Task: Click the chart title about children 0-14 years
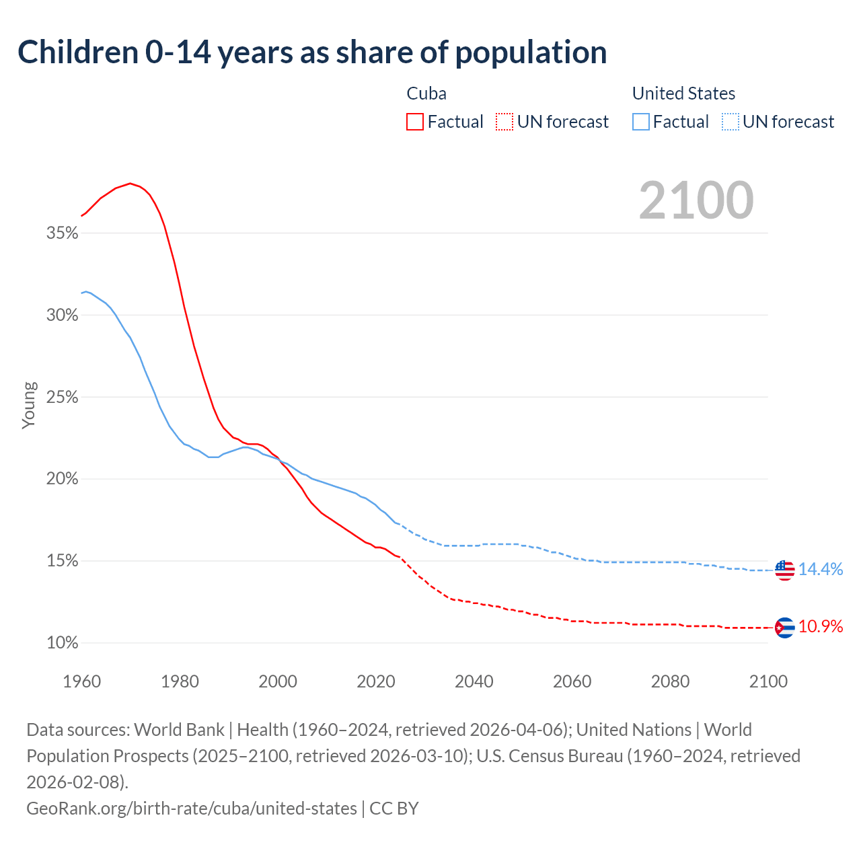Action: (312, 52)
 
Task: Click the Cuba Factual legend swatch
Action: (415, 122)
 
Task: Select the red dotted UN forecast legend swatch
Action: (504, 122)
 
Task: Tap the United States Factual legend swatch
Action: (641, 122)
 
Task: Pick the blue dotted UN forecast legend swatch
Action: (730, 122)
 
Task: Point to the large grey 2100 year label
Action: (696, 200)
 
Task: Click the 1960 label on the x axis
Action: (82, 681)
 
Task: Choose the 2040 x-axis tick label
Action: (474, 681)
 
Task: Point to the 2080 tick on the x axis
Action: (670, 681)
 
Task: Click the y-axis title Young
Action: (29, 406)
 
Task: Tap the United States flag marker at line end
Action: (784, 570)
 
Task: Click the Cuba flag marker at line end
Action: (784, 628)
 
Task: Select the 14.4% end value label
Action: (821, 570)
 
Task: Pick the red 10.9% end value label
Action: (821, 627)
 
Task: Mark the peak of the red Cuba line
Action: (130, 183)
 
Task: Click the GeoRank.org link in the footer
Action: (192, 808)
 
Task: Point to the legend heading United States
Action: (683, 93)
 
